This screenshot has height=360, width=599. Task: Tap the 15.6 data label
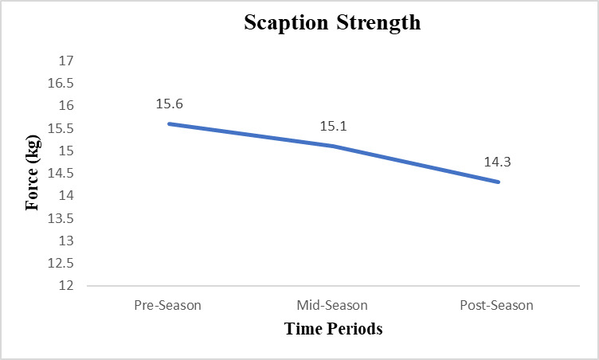tap(169, 104)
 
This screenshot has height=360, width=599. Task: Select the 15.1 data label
tap(334, 126)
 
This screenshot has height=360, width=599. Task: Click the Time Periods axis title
tap(334, 329)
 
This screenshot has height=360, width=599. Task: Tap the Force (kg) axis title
tap(33, 173)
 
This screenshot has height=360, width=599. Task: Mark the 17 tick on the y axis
tap(66, 61)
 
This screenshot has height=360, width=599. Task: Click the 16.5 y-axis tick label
tap(61, 83)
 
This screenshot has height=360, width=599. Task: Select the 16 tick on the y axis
tap(66, 105)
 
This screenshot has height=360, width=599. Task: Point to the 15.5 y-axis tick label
tap(61, 128)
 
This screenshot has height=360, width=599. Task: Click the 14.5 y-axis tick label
tap(61, 173)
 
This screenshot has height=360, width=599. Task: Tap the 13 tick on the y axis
tap(66, 241)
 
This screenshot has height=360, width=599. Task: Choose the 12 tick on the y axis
tap(66, 285)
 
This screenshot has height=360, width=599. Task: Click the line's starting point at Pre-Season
tap(169, 123)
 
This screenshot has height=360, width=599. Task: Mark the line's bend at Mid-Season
tap(334, 146)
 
